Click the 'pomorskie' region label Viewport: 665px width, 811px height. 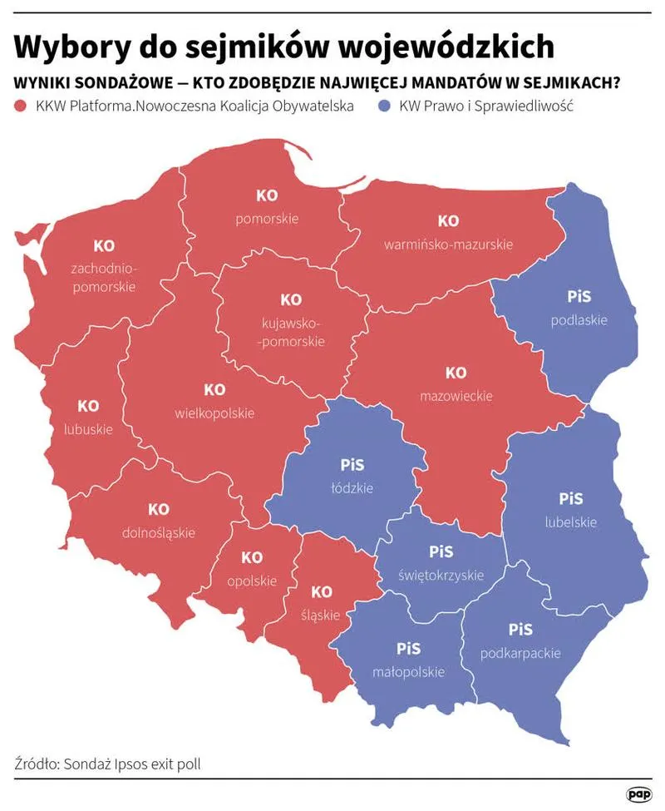coord(267,219)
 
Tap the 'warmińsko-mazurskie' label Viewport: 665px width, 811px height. coord(448,245)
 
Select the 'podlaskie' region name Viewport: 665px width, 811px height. coord(579,319)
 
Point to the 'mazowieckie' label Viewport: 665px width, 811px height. coord(456,396)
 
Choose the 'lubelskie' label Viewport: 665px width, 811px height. coord(570,522)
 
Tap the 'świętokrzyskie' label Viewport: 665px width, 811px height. coord(441,576)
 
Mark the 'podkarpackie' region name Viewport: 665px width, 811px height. coord(520,653)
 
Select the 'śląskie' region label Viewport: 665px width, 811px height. coord(321,616)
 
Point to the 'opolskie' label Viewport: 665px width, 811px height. coord(252,581)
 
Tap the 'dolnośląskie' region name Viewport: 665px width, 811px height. coord(158,532)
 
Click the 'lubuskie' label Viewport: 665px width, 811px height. coord(88,430)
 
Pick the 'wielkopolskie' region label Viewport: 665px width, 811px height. coord(214,413)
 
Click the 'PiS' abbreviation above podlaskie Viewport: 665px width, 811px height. coord(579,296)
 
